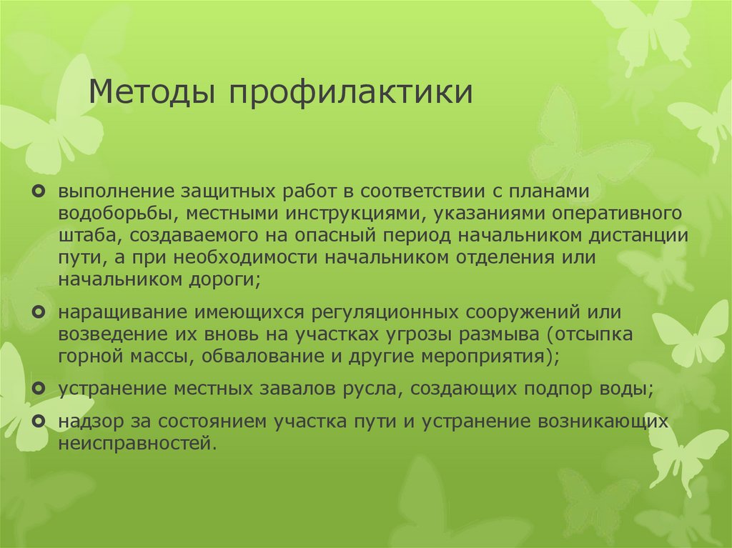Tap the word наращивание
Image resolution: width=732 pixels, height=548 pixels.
[114, 313]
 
